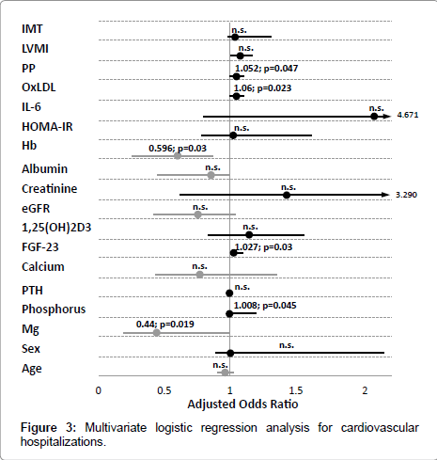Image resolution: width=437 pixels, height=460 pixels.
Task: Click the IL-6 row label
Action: [31, 107]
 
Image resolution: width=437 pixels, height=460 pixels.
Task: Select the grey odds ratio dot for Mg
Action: [157, 333]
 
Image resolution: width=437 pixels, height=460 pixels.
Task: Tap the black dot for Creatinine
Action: [287, 195]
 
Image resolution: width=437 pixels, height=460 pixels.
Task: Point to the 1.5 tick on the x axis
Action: [296, 390]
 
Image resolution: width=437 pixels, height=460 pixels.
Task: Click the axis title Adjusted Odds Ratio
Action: [242, 404]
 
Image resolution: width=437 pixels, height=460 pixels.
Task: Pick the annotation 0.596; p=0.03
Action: [178, 148]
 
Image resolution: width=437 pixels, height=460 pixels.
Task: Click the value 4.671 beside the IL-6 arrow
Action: [408, 115]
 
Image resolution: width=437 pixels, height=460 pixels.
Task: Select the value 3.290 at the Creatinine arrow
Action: [406, 195]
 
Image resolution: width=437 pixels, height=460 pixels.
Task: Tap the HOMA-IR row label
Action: [47, 127]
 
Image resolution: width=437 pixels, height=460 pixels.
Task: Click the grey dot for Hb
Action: [178, 156]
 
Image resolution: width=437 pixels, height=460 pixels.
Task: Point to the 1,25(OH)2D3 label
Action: [56, 228]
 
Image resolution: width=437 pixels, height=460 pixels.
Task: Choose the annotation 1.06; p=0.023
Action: [262, 88]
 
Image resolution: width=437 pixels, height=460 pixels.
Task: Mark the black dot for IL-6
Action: [374, 117]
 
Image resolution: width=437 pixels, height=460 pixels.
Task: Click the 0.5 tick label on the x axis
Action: [164, 390]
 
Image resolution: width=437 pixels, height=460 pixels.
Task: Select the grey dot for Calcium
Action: [199, 275]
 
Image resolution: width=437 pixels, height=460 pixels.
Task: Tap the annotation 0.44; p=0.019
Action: [165, 324]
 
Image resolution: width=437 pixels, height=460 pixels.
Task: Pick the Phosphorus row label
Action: [54, 309]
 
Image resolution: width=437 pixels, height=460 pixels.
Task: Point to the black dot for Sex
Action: [230, 353]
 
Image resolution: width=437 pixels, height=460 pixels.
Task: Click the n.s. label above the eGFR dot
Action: [200, 207]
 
